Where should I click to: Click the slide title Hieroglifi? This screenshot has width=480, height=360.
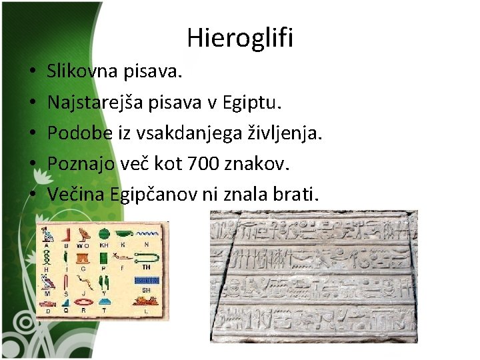coord(240,38)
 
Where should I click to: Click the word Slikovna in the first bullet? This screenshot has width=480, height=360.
coord(74,69)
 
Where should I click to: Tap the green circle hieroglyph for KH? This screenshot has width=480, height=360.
coord(105,233)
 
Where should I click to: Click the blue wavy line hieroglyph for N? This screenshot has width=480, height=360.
coord(146,235)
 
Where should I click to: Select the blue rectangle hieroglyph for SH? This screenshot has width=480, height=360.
coord(145,280)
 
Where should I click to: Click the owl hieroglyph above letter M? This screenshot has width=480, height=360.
coord(47,281)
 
